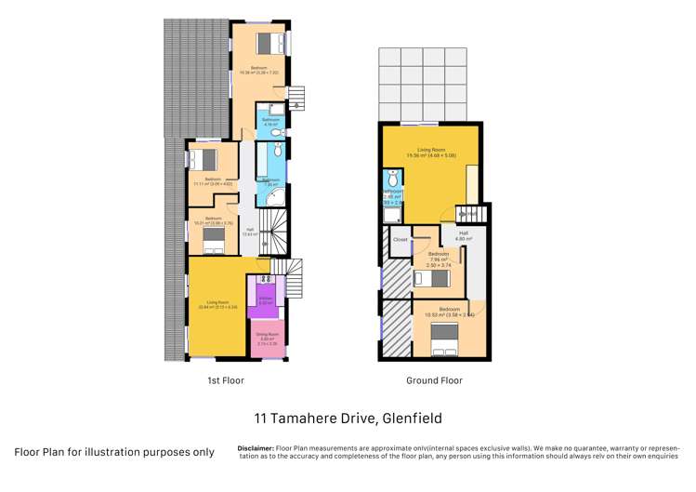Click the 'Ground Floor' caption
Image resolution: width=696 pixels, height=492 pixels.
[434, 380]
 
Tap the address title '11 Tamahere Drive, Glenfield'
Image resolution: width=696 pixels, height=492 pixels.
[348, 419]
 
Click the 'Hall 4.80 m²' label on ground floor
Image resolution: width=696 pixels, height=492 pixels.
[463, 236]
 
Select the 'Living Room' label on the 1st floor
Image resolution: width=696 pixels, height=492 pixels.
[217, 303]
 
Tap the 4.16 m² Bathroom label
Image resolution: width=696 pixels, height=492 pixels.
[270, 122]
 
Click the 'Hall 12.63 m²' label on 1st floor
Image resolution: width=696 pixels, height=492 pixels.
[249, 232]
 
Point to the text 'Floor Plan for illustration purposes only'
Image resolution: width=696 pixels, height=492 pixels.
[113, 452]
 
